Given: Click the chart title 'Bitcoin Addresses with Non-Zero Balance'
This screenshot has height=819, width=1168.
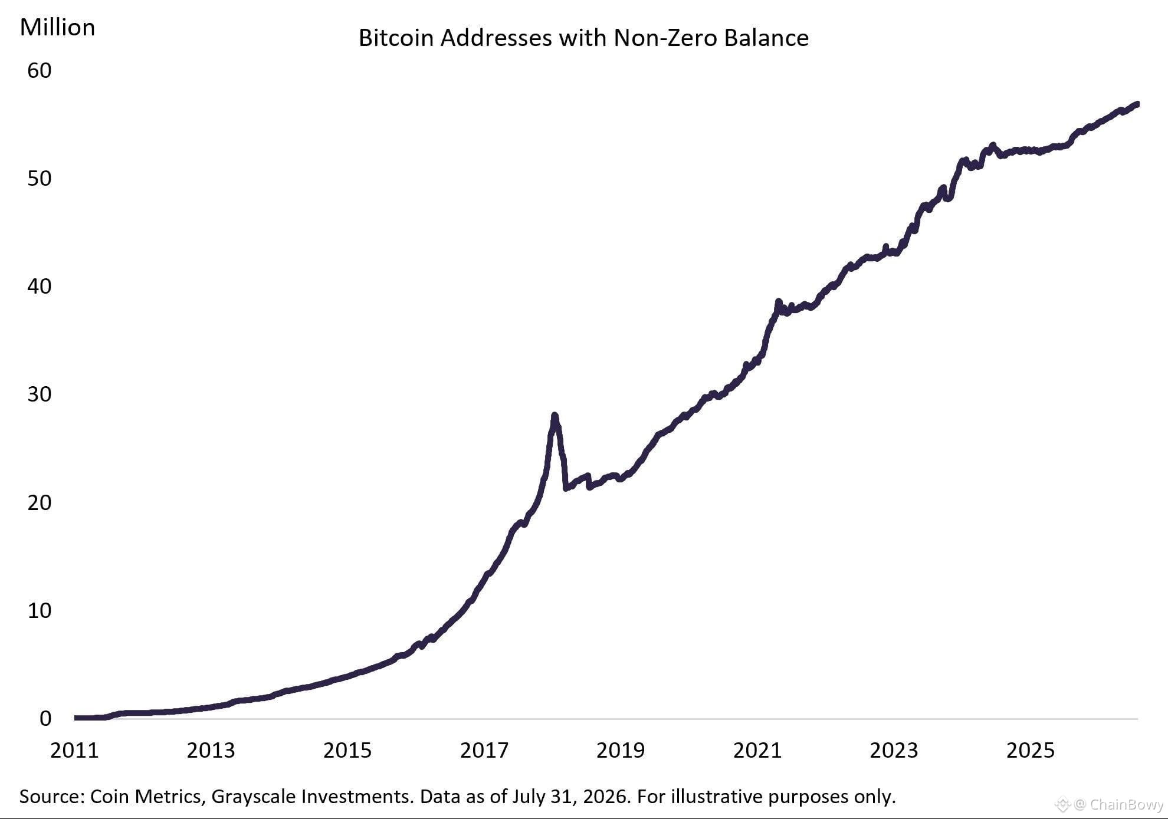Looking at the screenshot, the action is (583, 38).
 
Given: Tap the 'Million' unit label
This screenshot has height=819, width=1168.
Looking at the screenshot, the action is (57, 28).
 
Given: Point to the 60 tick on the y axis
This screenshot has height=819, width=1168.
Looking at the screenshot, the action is (40, 71).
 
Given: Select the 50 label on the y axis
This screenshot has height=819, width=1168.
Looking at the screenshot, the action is (40, 179).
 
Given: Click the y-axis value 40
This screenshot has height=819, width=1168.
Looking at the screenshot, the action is (40, 287).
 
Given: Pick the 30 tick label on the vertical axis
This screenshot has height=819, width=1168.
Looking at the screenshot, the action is (40, 394).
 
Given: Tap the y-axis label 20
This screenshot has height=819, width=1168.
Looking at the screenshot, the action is (40, 503).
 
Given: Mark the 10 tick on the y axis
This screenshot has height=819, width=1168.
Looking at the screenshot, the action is (40, 611).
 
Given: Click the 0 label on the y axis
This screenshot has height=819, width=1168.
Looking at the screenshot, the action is (45, 719).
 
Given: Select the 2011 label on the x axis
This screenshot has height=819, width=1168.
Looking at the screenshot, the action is (74, 751).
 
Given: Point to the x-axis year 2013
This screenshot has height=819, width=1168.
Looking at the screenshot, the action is (211, 751).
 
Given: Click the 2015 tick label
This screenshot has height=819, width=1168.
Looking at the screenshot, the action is (347, 751).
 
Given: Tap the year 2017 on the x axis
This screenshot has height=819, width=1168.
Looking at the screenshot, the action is (484, 751).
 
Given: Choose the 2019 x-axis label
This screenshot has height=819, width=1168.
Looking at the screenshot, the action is (621, 751).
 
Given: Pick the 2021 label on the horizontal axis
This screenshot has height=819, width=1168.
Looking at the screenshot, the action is (757, 751).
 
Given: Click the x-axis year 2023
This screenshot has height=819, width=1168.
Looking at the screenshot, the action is (894, 751).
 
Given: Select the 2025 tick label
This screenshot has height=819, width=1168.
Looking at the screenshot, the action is (1031, 751).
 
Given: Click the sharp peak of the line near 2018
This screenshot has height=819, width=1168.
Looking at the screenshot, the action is (555, 416).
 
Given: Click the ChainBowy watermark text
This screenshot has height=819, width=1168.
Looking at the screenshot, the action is (1127, 804).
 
